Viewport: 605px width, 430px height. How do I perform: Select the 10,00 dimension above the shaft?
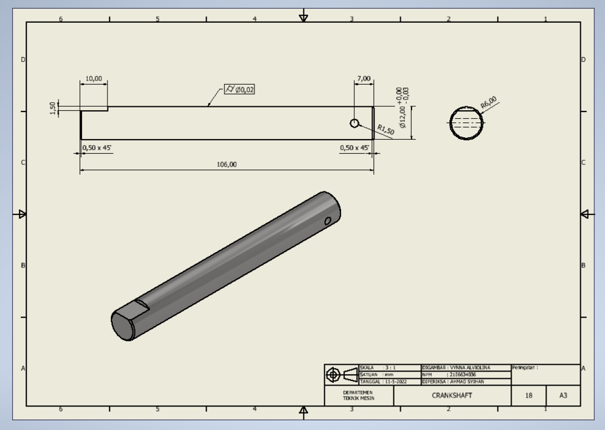(x=94, y=79)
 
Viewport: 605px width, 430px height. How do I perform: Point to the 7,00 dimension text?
(x=364, y=79)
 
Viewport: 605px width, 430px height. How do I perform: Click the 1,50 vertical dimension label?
(x=53, y=108)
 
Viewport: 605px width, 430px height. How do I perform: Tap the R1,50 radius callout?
(x=385, y=130)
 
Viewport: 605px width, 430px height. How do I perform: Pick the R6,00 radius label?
(x=488, y=103)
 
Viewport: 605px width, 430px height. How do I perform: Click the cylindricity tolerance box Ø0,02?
(x=240, y=89)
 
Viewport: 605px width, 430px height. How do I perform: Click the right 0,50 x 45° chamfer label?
(x=354, y=148)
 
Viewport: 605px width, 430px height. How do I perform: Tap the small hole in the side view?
(x=355, y=123)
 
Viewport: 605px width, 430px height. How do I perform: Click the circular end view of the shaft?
(x=467, y=123)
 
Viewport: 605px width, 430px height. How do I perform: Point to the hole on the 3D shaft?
(x=328, y=221)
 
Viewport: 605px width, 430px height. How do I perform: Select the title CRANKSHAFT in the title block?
(x=452, y=396)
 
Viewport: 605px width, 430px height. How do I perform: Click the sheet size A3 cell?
(x=563, y=396)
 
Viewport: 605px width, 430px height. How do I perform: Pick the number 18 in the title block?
(x=528, y=396)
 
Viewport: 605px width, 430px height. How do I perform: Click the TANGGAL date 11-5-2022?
(x=391, y=382)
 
